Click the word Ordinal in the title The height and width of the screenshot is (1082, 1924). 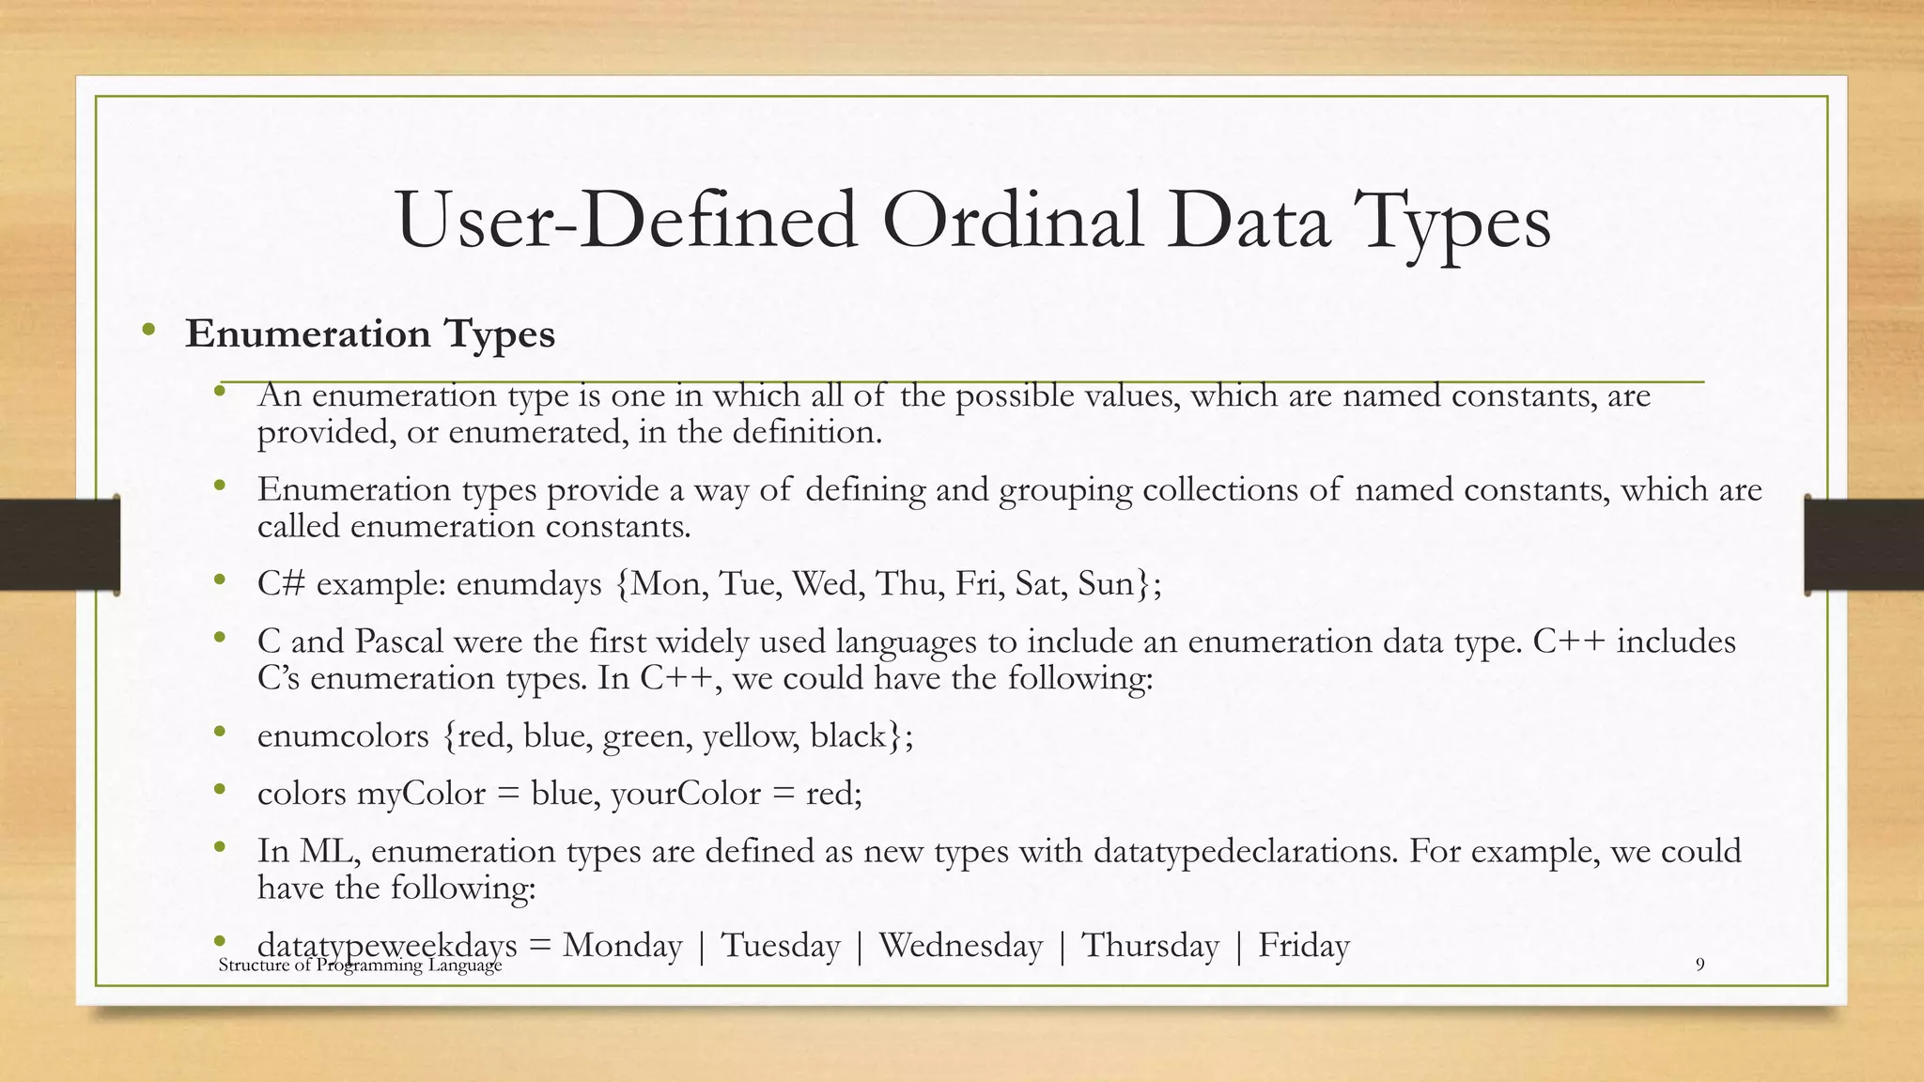1013,222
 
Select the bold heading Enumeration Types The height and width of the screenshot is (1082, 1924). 370,334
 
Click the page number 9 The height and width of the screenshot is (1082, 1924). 1699,966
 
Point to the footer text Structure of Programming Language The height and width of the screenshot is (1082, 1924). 360,966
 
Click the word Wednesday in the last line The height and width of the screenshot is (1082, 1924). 960,946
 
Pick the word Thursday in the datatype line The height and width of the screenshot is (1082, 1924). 1150,946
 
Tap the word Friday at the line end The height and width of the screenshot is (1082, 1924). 1303,946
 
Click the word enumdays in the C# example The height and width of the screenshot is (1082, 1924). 528,585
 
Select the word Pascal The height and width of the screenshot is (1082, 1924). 399,642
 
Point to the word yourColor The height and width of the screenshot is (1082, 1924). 685,795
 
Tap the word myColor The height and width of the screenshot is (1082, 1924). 421,795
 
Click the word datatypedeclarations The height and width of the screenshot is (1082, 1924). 1243,852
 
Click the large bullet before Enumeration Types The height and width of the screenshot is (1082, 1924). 148,330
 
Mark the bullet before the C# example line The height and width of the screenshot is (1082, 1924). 220,580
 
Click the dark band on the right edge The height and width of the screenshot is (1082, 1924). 1864,545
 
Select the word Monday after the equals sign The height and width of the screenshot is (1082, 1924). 622,946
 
